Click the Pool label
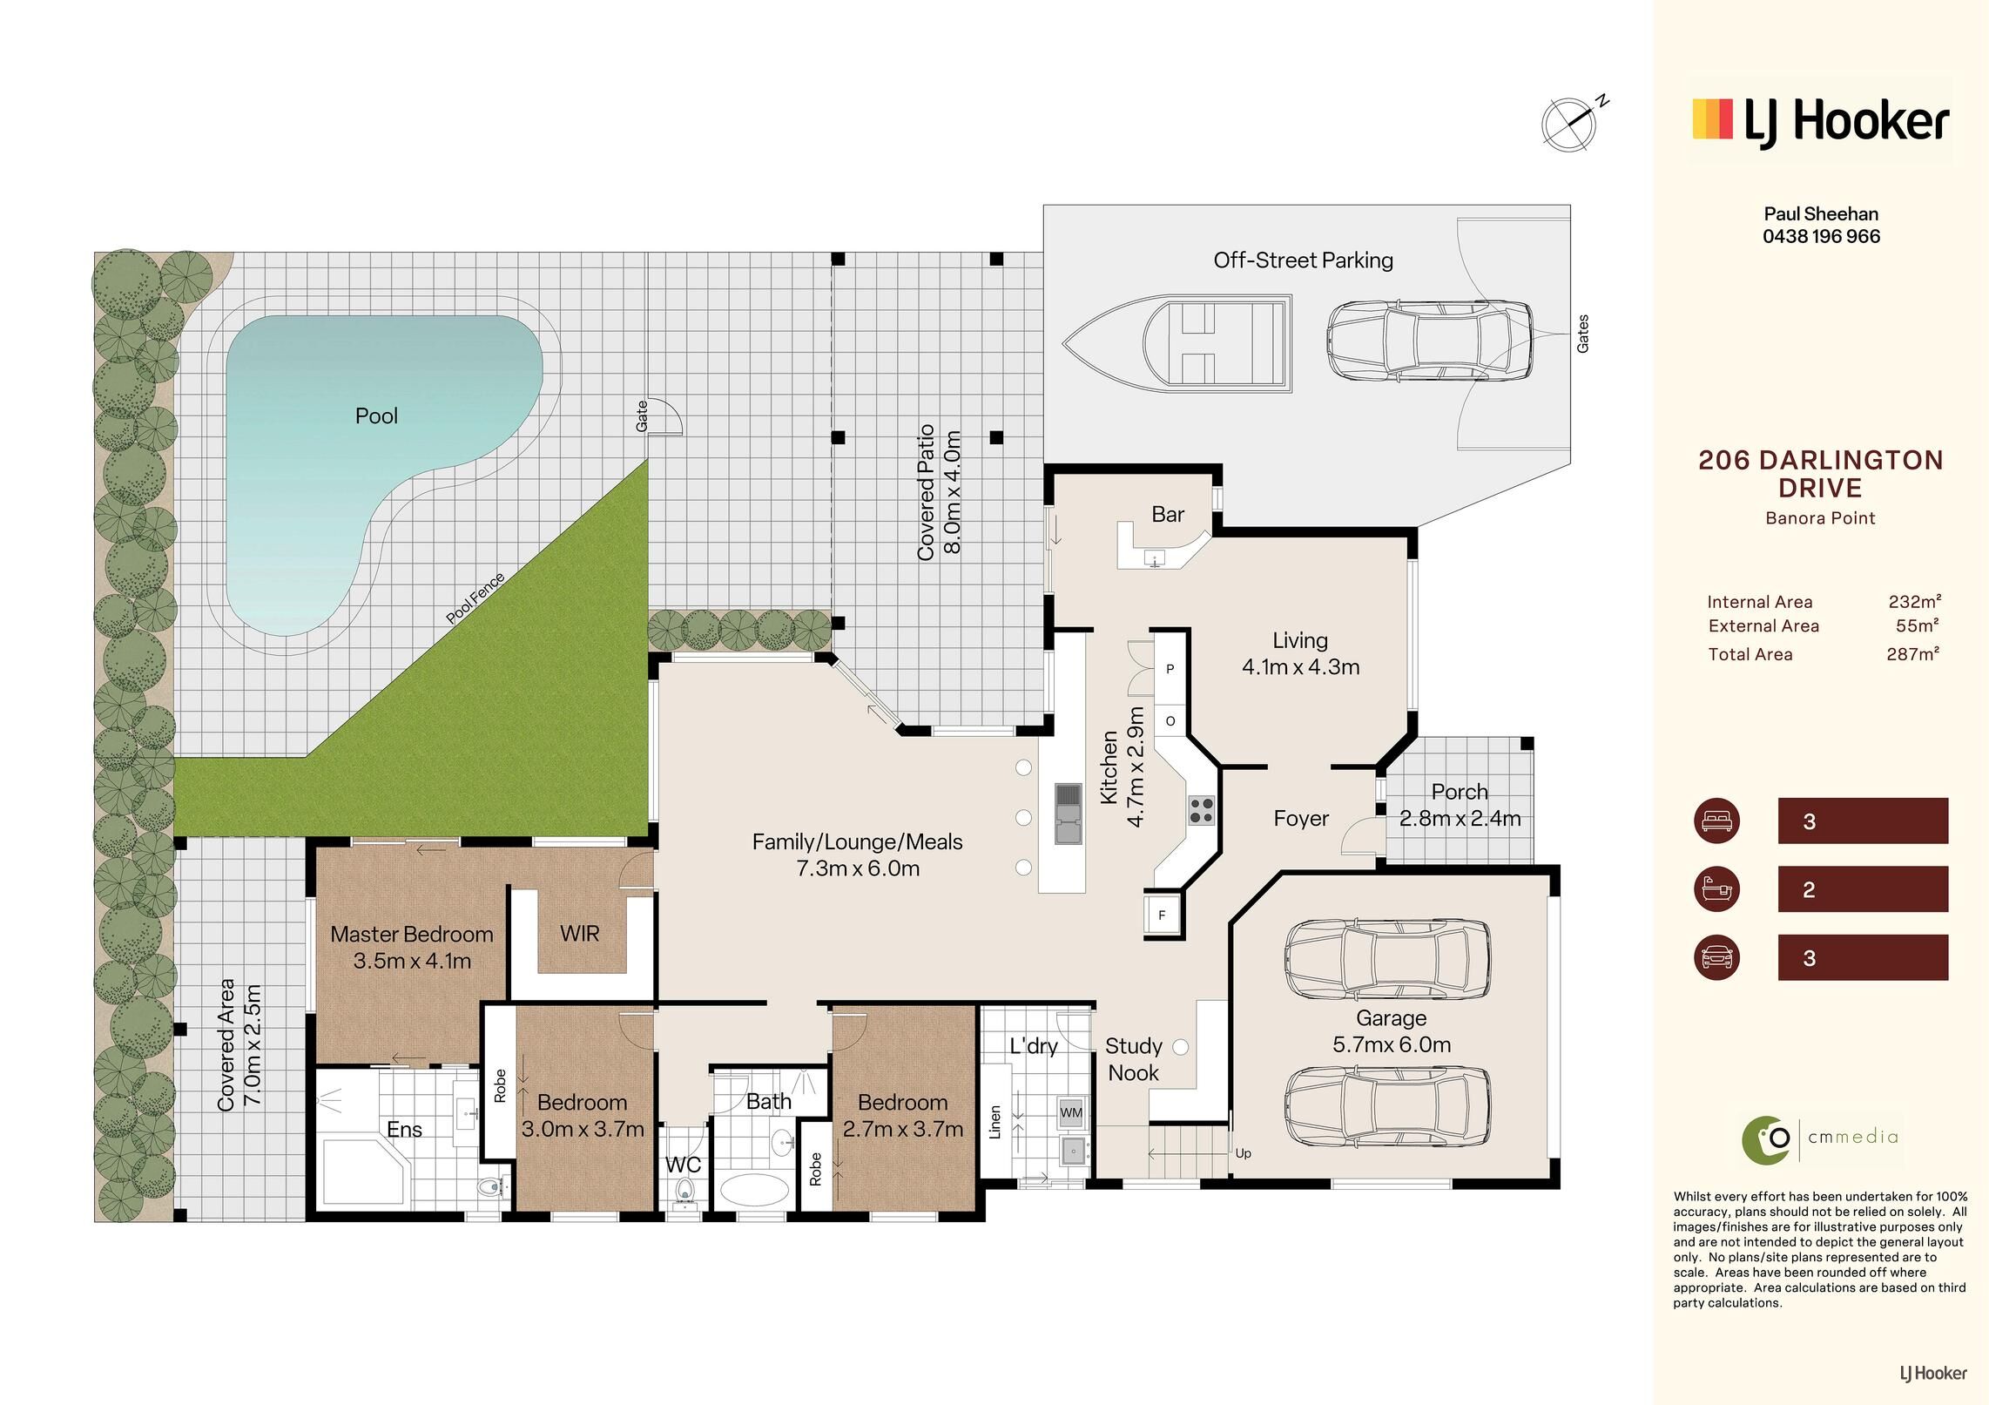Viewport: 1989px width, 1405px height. pos(376,415)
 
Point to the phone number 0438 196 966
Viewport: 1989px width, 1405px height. pos(1821,236)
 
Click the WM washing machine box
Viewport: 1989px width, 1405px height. pos(1071,1112)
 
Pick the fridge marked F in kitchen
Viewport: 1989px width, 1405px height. pos(1162,915)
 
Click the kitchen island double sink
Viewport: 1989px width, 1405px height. pos(1067,814)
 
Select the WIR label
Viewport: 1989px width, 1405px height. pos(579,934)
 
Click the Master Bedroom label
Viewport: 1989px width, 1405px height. pos(412,934)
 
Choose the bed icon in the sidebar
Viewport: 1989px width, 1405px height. pos(1716,821)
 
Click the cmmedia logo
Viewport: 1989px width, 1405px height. pos(1820,1137)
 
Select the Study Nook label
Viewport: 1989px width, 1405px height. pos(1134,1059)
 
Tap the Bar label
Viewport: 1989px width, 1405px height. pos(1168,514)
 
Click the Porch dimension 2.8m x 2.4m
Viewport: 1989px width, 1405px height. pos(1460,819)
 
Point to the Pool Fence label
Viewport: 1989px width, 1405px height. pos(475,598)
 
